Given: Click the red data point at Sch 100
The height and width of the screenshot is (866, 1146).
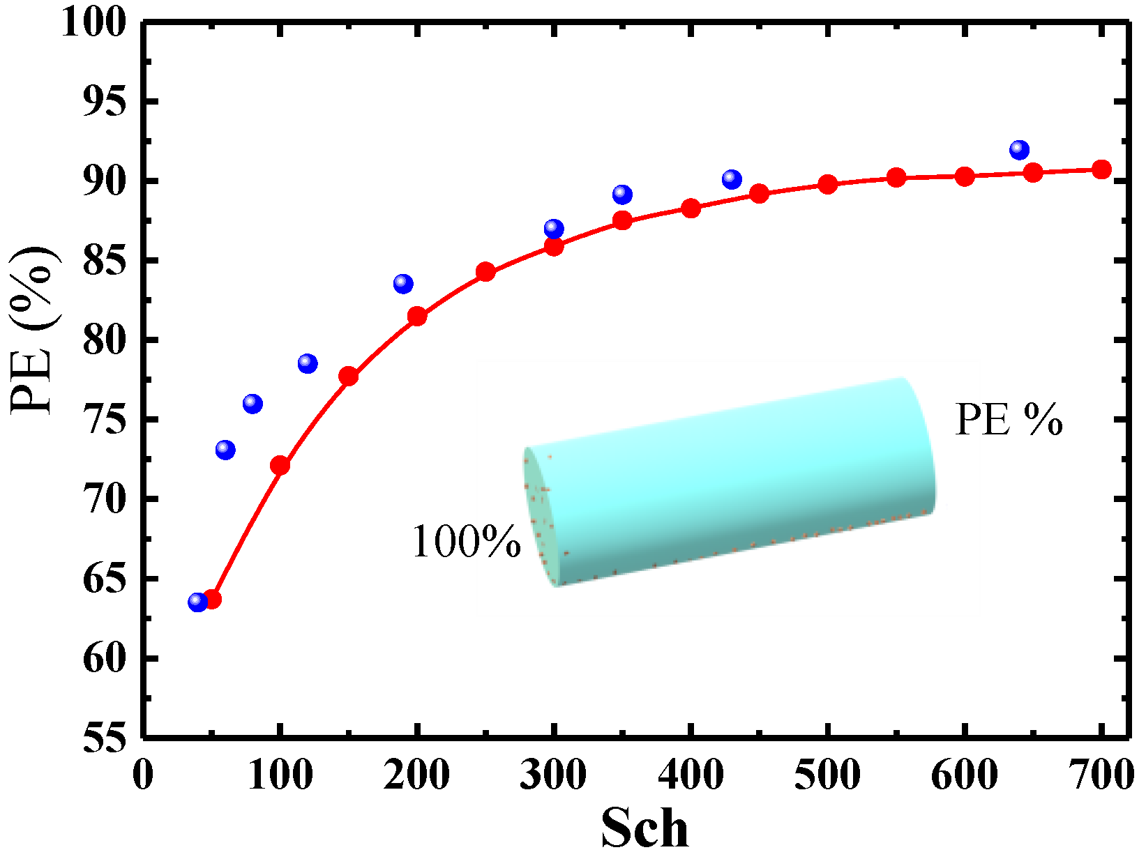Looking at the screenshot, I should [x=280, y=465].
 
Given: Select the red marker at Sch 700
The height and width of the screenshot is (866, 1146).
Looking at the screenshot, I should [x=1101, y=169].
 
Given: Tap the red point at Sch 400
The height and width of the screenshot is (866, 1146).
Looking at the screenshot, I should [x=691, y=208].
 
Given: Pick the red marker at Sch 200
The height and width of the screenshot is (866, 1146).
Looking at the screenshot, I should [x=417, y=316].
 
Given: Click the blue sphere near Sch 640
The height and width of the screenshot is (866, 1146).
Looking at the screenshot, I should [x=1019, y=149].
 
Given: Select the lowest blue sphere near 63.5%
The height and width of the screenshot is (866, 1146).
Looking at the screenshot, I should [x=198, y=602].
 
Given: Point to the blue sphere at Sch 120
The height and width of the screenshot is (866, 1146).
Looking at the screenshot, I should [x=308, y=363].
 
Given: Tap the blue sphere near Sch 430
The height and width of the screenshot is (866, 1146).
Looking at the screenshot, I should [x=732, y=179].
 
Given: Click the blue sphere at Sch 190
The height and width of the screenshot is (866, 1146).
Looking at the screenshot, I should [x=403, y=284].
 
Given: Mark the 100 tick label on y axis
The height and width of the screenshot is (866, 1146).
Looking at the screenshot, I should [x=94, y=22].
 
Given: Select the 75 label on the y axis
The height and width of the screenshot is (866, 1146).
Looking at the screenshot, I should [x=105, y=420].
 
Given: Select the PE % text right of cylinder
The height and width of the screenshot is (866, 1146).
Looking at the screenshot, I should [x=1008, y=420].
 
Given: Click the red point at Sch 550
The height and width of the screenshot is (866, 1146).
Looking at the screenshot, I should [x=896, y=178].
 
